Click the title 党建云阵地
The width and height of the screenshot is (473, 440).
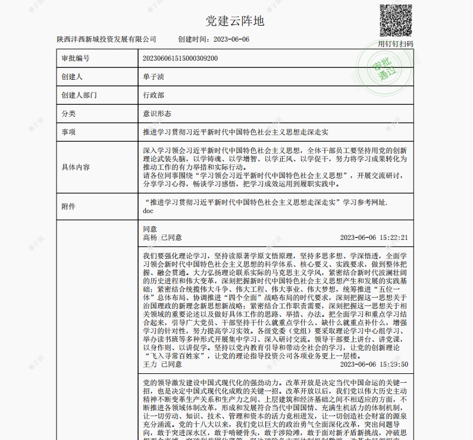tap(235, 21)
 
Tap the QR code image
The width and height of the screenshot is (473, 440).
tap(396, 20)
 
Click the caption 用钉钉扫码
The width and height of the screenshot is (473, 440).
tap(396, 43)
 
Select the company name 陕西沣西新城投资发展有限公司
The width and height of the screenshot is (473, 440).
tap(106, 39)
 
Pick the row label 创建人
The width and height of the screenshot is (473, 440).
tap(71, 77)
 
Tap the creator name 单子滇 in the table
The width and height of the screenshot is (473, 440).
tap(154, 77)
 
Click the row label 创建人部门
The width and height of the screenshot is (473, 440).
tap(79, 95)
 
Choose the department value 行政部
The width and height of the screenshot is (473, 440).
tap(154, 95)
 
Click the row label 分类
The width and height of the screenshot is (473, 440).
tap(68, 113)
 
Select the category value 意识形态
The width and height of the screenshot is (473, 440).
tap(157, 113)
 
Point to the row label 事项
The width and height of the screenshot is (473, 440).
tap(68, 131)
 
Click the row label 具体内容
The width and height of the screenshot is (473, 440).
tap(75, 167)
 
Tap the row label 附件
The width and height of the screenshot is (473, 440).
tap(68, 206)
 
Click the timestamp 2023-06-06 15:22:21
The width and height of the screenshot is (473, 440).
tap(374, 238)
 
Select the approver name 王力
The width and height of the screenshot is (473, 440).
tap(151, 347)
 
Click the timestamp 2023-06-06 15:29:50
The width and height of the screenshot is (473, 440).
tap(374, 347)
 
